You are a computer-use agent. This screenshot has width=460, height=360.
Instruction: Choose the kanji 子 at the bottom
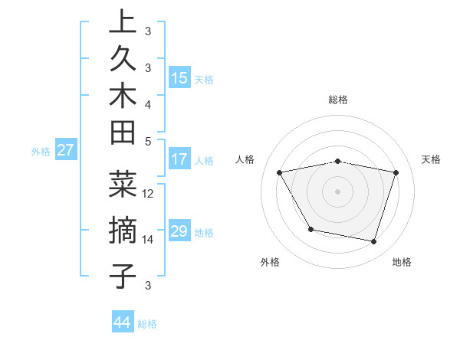(122, 275)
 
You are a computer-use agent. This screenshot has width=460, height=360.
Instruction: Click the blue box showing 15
(179, 78)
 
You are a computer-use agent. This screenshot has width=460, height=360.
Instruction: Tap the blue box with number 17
(179, 160)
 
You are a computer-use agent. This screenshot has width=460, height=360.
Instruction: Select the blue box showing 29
(179, 231)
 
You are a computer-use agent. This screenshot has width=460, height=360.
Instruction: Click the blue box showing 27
(65, 150)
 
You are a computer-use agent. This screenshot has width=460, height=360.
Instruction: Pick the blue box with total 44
(122, 323)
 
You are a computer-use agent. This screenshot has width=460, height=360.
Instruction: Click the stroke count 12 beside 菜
(149, 194)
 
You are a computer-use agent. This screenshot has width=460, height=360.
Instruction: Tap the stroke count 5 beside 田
(148, 141)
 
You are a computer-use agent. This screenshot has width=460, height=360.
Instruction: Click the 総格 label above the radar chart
(338, 100)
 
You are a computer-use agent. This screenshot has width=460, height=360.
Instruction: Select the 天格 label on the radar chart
(432, 159)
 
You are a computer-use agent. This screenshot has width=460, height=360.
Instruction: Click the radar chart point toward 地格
(373, 241)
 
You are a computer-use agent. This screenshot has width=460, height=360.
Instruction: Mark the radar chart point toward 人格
(280, 172)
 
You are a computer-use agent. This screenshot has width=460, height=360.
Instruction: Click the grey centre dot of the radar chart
(337, 191)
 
